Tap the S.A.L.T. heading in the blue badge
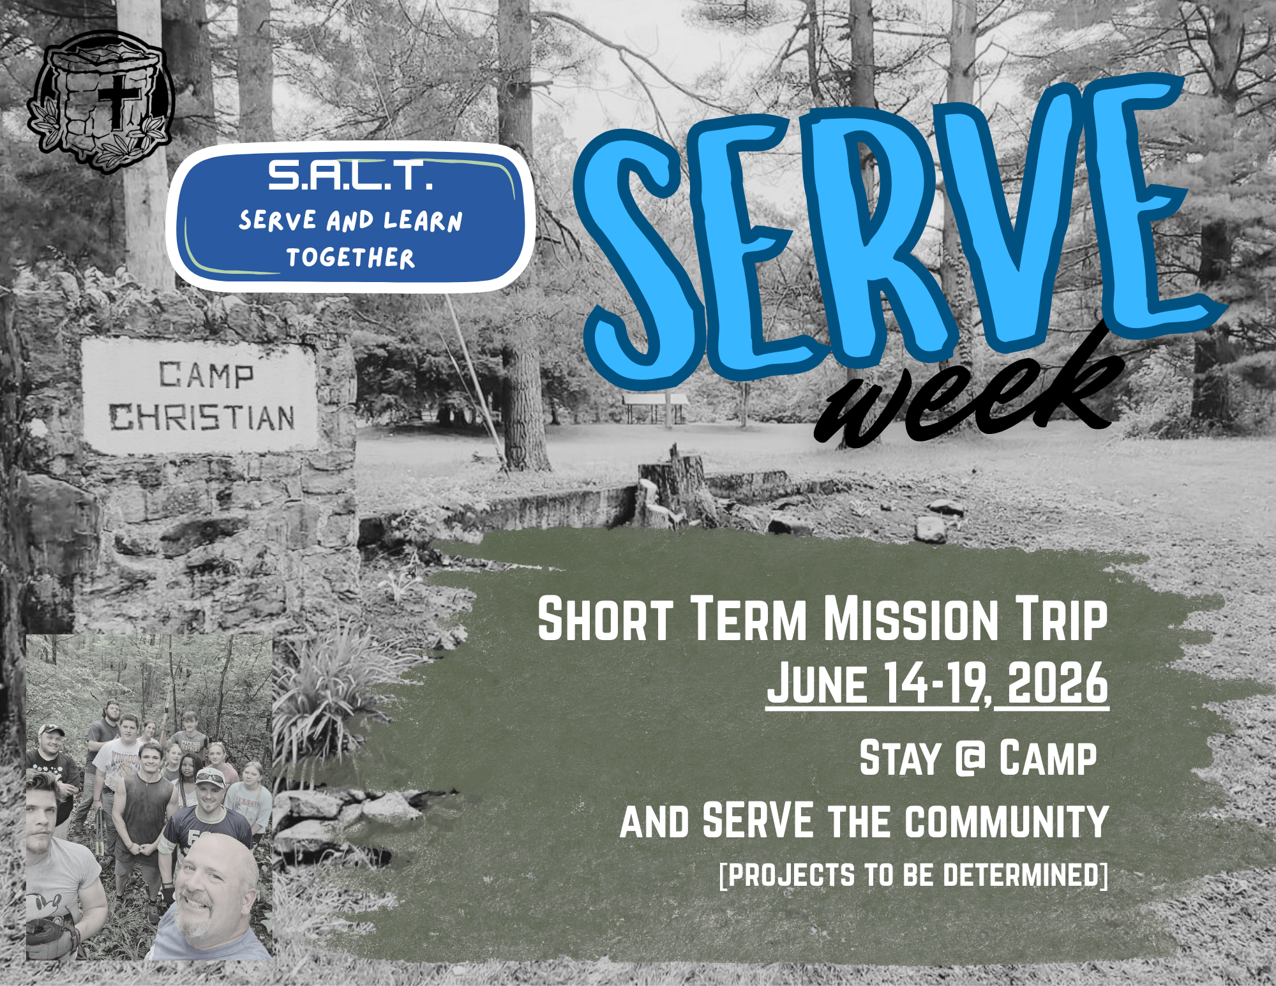pos(350,176)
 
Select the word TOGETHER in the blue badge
pos(350,258)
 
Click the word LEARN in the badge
pos(423,221)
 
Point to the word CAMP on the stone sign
pos(206,375)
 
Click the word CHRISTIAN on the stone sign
pos(202,417)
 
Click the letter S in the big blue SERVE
pos(638,255)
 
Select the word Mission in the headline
pos(911,618)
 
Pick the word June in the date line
pos(818,683)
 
